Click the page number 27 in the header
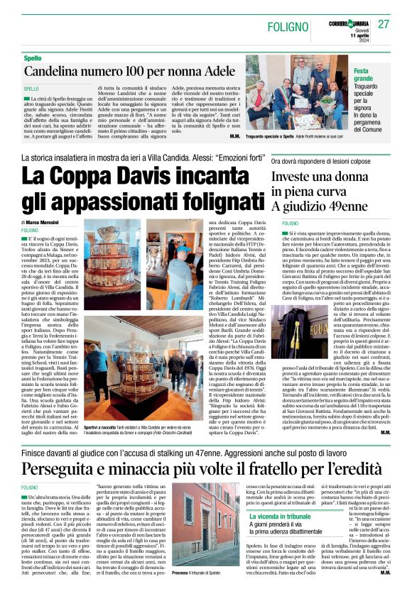[x=384, y=25]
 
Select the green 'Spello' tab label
[x=32, y=57]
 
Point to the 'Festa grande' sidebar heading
[x=364, y=75]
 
